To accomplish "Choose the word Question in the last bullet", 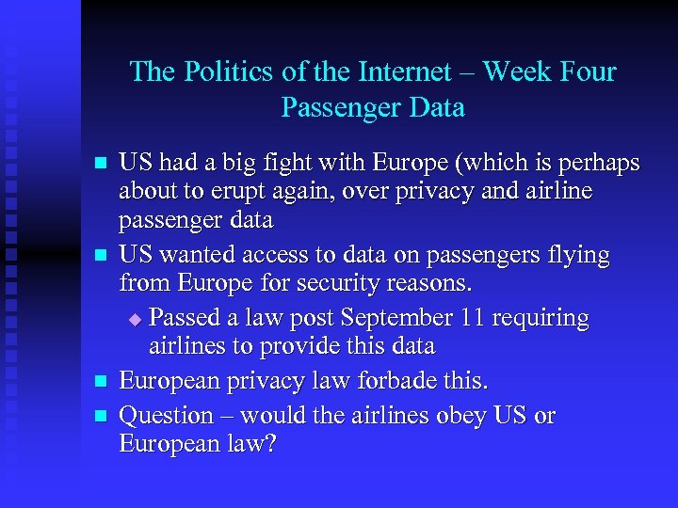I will click(167, 415).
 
